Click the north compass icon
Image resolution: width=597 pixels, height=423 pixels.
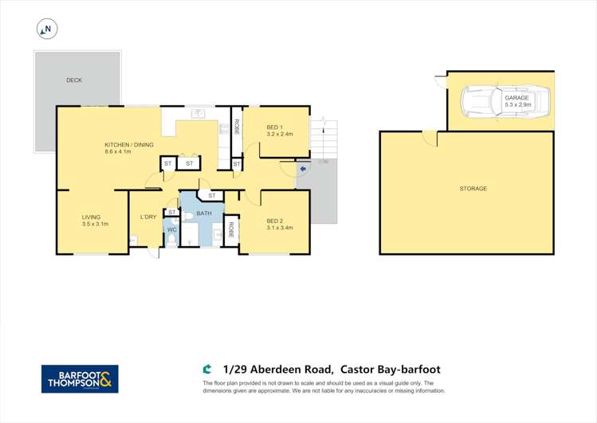pyautogui.click(x=47, y=29)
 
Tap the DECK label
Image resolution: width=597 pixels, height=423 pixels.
pyautogui.click(x=74, y=80)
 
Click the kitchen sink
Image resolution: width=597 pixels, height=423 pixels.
pyautogui.click(x=198, y=113)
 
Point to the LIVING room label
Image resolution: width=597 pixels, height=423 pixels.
pyautogui.click(x=92, y=217)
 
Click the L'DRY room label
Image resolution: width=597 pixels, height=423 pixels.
pyautogui.click(x=148, y=217)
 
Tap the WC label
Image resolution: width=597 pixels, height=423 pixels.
pyautogui.click(x=172, y=229)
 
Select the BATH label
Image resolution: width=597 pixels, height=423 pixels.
pyautogui.click(x=204, y=213)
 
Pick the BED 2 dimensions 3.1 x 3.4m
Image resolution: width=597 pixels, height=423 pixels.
pyautogui.click(x=280, y=228)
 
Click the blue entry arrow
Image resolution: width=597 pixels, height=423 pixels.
pyautogui.click(x=303, y=169)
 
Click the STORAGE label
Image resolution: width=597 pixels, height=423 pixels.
pyautogui.click(x=473, y=188)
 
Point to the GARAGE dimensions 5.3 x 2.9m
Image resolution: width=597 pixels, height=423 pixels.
pyautogui.click(x=518, y=104)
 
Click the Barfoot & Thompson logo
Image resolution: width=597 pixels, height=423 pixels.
pyautogui.click(x=80, y=379)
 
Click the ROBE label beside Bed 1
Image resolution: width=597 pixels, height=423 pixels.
pyautogui.click(x=237, y=127)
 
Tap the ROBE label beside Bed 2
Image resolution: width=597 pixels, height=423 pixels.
pyautogui.click(x=230, y=229)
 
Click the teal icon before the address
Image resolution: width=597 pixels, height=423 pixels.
pyautogui.click(x=206, y=370)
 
